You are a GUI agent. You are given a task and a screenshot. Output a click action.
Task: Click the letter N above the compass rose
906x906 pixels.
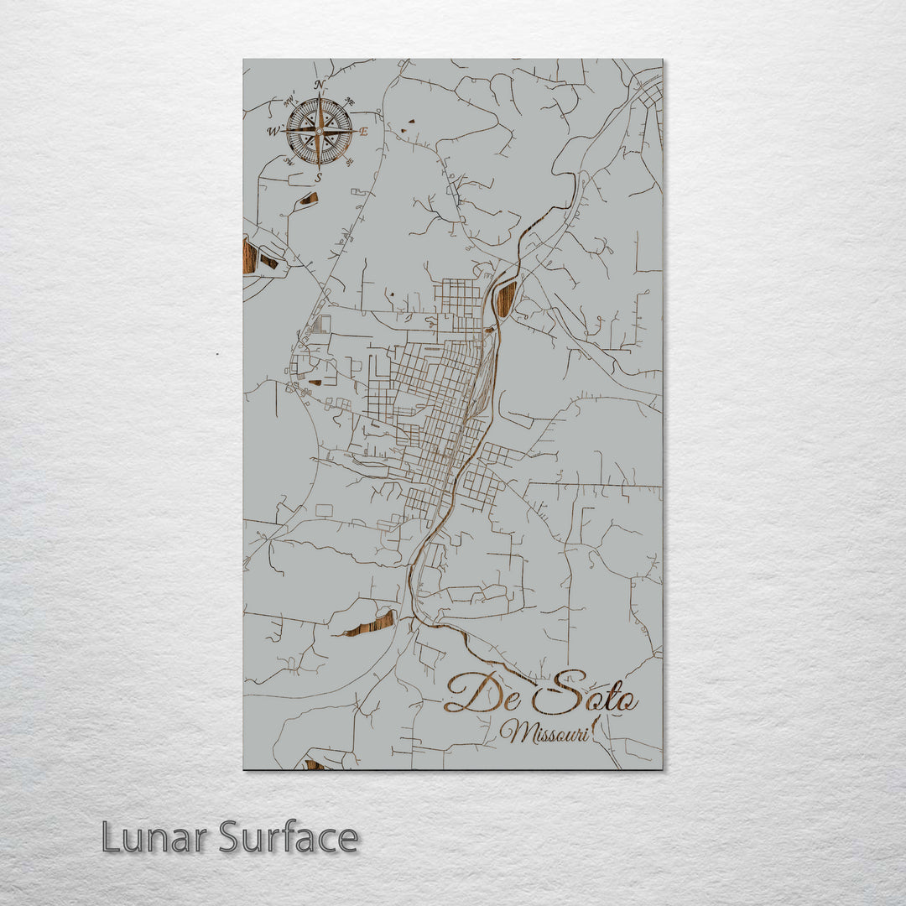click(319, 85)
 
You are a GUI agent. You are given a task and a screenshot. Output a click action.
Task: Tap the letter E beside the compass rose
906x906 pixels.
click(363, 132)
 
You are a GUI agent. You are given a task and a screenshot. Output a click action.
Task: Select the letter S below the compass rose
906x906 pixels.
click(319, 178)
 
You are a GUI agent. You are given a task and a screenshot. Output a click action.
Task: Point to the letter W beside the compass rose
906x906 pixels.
click(273, 132)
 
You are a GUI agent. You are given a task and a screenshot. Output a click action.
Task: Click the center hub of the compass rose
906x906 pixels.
click(319, 132)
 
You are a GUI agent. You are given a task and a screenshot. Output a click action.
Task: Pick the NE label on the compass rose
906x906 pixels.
click(350, 102)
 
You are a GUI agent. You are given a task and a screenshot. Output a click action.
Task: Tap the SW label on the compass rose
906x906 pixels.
click(289, 160)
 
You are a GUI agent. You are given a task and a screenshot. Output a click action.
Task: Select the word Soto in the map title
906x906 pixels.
click(584, 692)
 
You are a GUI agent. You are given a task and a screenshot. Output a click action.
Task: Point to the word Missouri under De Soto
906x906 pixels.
click(545, 732)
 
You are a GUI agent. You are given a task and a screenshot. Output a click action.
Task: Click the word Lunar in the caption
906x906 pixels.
click(154, 837)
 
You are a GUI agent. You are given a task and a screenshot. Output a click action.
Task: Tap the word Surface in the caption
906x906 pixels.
click(289, 837)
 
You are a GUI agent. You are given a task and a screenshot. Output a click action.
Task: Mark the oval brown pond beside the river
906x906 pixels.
click(506, 299)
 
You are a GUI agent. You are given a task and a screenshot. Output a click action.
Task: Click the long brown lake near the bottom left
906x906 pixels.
click(369, 624)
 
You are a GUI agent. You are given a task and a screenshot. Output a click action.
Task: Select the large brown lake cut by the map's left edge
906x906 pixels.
click(249, 255)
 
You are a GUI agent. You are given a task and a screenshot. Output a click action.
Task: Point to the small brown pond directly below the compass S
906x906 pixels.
click(309, 199)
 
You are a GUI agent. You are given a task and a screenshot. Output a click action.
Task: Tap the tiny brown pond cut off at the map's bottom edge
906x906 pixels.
click(314, 764)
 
